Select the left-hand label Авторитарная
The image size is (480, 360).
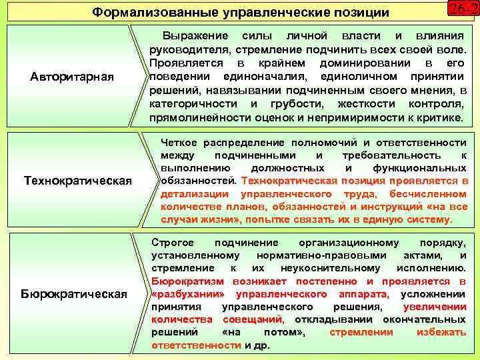click(72, 77)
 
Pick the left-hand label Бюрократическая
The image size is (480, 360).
click(74, 293)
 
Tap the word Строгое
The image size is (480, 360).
click(173, 243)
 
